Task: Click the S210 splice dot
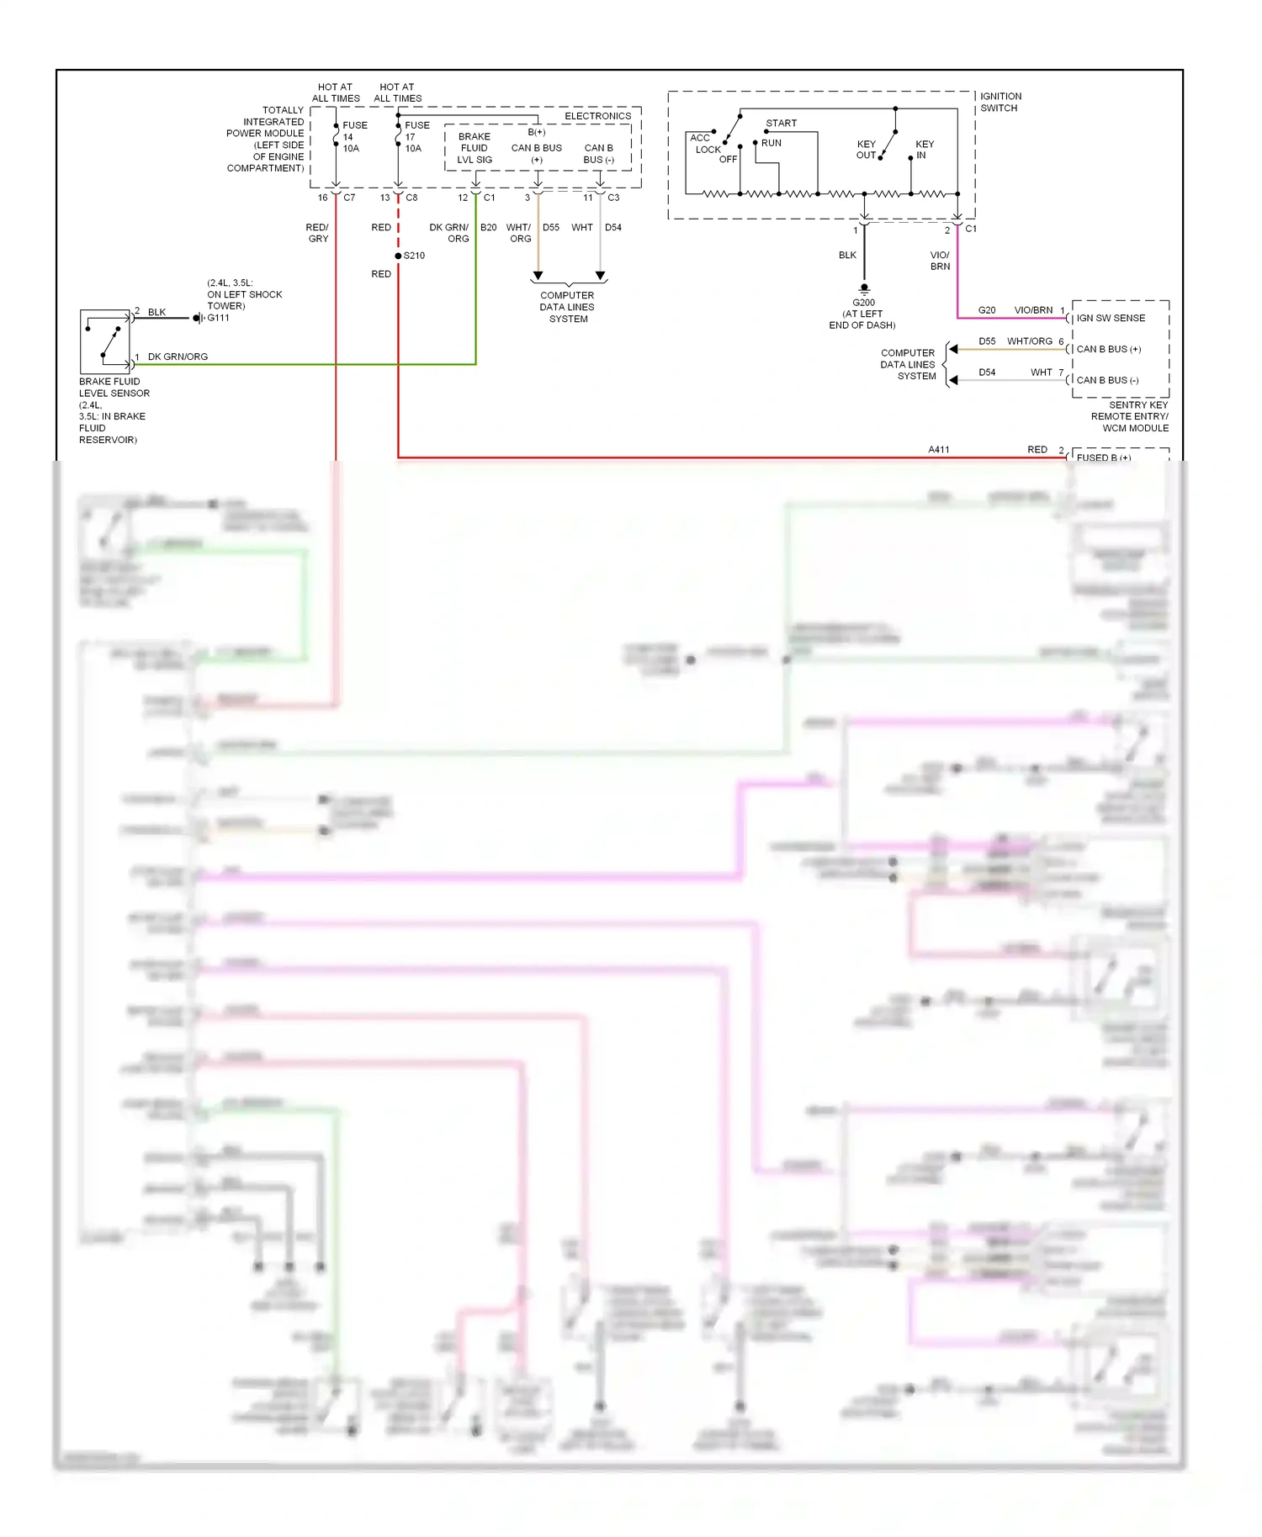[x=398, y=256]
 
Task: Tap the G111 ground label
[x=218, y=318]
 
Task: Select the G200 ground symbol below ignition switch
[x=864, y=288]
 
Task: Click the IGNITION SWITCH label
[x=1000, y=102]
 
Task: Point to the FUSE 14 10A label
[x=353, y=136]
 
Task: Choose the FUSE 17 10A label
[x=416, y=136]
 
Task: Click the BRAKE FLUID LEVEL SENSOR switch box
[x=105, y=341]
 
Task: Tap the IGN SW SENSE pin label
[x=1111, y=318]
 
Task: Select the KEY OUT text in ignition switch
[x=866, y=149]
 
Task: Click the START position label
[x=781, y=123]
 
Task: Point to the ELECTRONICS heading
[x=597, y=116]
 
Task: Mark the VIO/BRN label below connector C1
[x=940, y=261]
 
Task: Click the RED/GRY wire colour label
[x=317, y=233]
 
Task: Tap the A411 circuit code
[x=939, y=450]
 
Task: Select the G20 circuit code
[x=987, y=310]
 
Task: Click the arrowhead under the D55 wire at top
[x=538, y=276]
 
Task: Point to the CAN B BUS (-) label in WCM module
[x=1107, y=380]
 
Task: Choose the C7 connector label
[x=349, y=198]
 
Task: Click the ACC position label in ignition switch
[x=699, y=138]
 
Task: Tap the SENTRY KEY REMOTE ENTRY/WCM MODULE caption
[x=1130, y=416]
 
